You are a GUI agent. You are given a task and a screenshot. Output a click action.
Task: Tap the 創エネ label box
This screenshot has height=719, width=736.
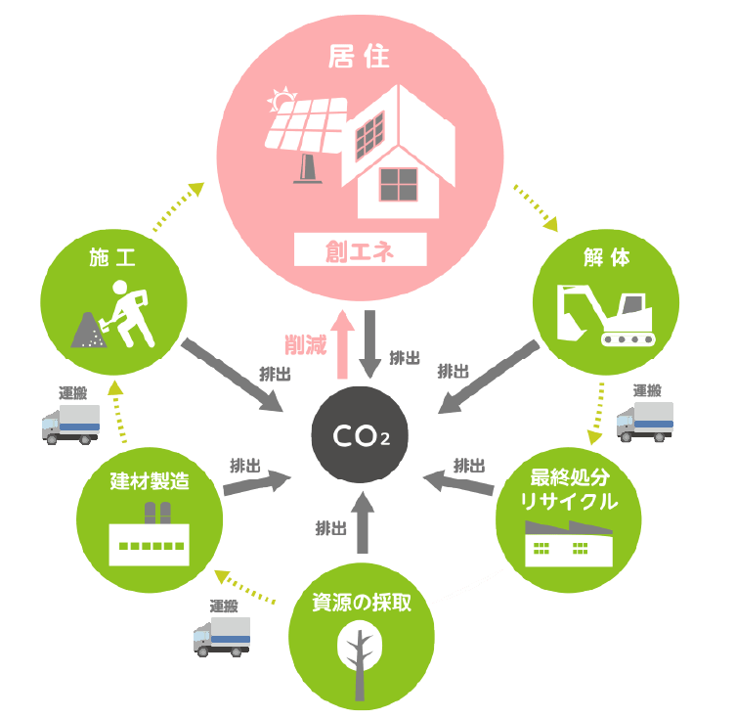pos(361,250)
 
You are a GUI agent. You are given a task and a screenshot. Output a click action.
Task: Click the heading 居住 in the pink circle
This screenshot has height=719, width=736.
pos(361,57)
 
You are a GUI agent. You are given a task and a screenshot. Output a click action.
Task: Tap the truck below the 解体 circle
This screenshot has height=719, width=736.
pos(645,419)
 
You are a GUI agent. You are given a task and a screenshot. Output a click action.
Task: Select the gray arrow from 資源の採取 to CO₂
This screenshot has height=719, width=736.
pos(362,520)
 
